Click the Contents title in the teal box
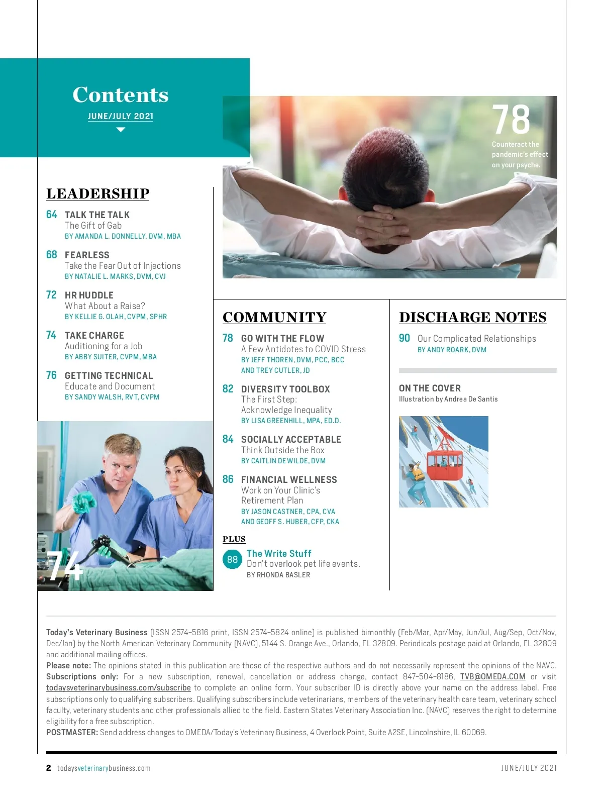[x=121, y=95]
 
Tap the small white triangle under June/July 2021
[x=121, y=130]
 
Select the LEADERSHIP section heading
[x=98, y=194]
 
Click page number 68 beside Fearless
[x=52, y=255]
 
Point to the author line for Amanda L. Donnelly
[x=123, y=236]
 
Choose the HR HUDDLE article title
[x=89, y=295]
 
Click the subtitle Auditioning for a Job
[x=104, y=346]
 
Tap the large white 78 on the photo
[x=511, y=120]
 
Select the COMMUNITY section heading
[x=274, y=318]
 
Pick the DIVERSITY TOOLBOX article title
[x=285, y=389]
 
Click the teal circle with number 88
[x=232, y=559]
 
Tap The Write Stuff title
[x=279, y=553]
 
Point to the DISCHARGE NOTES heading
[x=472, y=318]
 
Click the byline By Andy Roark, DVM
[x=452, y=350]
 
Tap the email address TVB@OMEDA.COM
[x=492, y=677]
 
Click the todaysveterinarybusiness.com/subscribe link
[x=119, y=688]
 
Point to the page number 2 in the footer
[x=49, y=768]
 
